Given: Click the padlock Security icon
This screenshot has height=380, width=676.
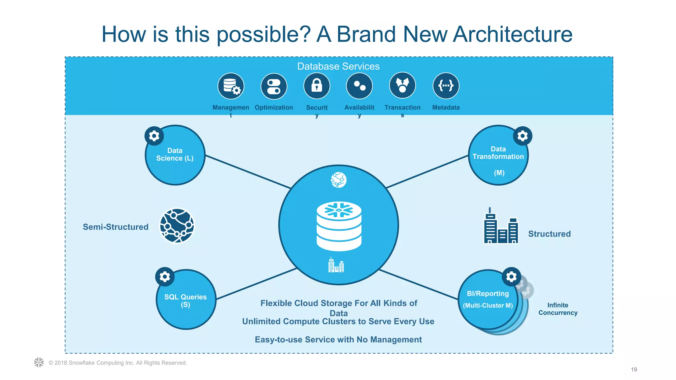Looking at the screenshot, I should coord(317,86).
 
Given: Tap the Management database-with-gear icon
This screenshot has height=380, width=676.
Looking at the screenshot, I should coord(231,86).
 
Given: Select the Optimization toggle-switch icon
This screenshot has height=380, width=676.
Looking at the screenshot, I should coord(274,86).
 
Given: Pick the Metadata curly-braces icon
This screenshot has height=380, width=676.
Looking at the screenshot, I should coord(446,86).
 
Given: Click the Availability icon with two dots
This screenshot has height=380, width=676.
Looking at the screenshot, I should coord(359,86).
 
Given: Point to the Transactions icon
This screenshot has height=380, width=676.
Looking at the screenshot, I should coord(402,86).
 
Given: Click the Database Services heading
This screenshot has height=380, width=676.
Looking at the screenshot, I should coord(338,66).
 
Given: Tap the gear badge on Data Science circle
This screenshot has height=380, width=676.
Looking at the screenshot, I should coord(154,136).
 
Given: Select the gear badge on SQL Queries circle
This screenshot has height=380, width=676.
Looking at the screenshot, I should coord(165,276).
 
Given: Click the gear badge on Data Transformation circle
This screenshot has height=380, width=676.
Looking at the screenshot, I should coord(523,136).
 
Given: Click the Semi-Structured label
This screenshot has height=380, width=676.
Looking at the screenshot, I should coord(116,227).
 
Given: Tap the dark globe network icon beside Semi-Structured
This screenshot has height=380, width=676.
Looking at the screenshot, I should coord(177,226).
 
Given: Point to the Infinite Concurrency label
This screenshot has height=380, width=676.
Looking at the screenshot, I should coord(558,309).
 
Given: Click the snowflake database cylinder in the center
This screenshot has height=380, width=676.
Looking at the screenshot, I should coord(339,226).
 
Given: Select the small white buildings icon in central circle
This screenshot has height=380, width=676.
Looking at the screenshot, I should coord(336,265).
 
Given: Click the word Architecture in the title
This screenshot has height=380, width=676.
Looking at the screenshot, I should coord(513,34).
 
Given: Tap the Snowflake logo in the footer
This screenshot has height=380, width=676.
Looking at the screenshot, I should coord(39,362).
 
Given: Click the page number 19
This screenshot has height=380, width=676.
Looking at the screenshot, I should coord(634,369).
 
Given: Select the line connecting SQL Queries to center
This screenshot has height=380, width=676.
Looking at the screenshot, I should coord(256,284).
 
